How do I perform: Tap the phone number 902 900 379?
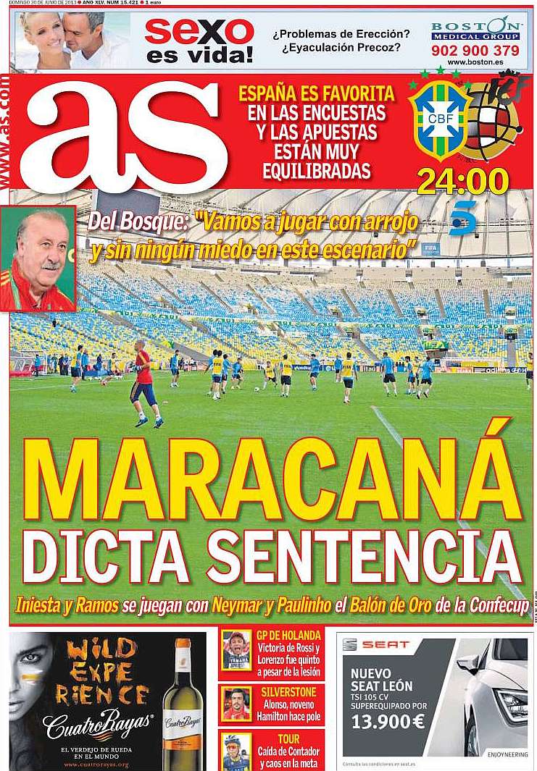click(475, 51)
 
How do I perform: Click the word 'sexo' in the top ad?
click(199, 30)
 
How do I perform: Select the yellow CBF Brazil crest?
click(438, 119)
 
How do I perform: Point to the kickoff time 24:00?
click(462, 182)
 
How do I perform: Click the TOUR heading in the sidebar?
click(288, 739)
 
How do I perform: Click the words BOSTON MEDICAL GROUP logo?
click(475, 30)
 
